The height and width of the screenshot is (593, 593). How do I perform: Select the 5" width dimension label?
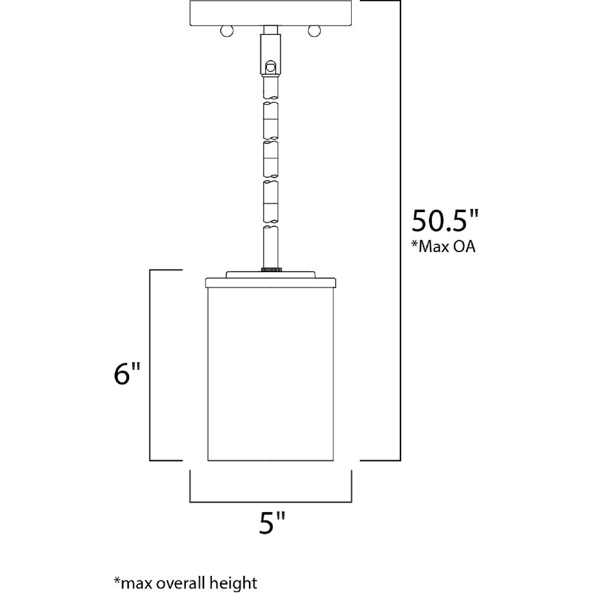(271, 525)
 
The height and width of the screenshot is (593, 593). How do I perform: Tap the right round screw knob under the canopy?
(314, 31)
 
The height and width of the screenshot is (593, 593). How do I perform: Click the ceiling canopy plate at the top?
(270, 12)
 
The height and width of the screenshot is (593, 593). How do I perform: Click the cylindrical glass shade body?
(270, 371)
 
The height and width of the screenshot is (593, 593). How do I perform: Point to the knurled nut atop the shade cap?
(270, 270)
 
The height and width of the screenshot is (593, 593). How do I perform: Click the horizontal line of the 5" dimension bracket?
(270, 500)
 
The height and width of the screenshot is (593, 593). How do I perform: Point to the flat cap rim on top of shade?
(270, 280)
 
